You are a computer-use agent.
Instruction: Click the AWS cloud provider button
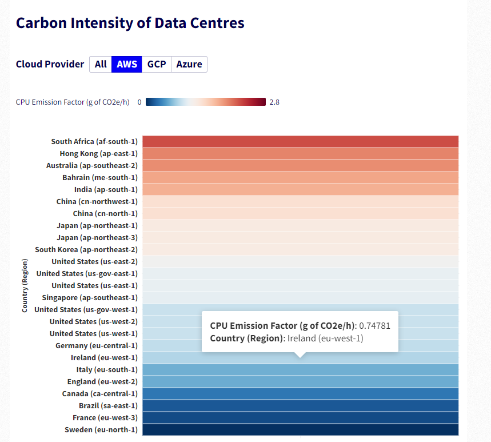pyautogui.click(x=127, y=64)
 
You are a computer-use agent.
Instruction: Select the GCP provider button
pyautogui.click(x=157, y=64)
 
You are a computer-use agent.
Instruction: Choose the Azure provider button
pyautogui.click(x=189, y=64)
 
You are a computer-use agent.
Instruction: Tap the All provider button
pyautogui.click(x=101, y=64)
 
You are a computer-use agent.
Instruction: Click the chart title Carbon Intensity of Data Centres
pyautogui.click(x=130, y=23)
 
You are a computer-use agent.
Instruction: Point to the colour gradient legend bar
pyautogui.click(x=205, y=102)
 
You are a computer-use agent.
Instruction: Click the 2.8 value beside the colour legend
pyautogui.click(x=274, y=102)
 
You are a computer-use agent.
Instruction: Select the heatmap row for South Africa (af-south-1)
pyautogui.click(x=300, y=142)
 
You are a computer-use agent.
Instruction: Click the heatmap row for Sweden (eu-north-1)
pyautogui.click(x=300, y=429)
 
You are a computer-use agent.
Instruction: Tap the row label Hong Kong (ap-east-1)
pyautogui.click(x=98, y=154)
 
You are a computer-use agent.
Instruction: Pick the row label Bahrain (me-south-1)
pyautogui.click(x=100, y=178)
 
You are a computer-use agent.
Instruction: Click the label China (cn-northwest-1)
pyautogui.click(x=97, y=202)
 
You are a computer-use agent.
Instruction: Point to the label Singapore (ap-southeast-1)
pyautogui.click(x=90, y=298)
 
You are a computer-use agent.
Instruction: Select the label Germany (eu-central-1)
pyautogui.click(x=96, y=346)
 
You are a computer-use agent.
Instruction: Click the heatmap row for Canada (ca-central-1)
pyautogui.click(x=300, y=393)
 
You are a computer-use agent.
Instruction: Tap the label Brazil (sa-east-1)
pyautogui.click(x=101, y=406)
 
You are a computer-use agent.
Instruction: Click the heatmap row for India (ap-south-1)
pyautogui.click(x=300, y=190)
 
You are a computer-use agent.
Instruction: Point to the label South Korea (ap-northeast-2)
pyautogui.click(x=86, y=250)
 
